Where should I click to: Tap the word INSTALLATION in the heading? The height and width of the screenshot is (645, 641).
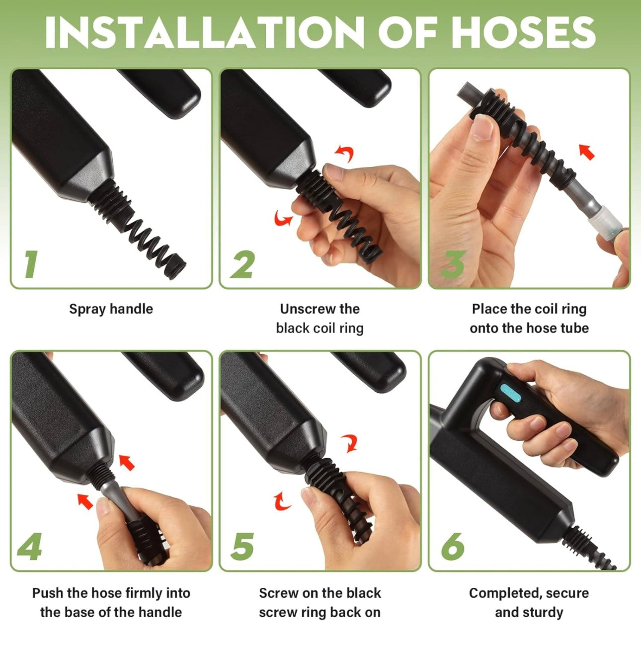tap(204, 32)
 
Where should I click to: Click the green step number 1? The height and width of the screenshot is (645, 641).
tap(31, 264)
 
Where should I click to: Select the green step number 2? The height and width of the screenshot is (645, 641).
tap(242, 264)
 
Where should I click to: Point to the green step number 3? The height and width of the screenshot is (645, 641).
tap(452, 264)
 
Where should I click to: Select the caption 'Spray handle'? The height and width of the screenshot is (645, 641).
tap(111, 309)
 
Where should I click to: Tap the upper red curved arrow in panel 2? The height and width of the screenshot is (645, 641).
tap(344, 154)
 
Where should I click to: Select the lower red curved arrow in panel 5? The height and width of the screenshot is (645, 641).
tap(281, 502)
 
